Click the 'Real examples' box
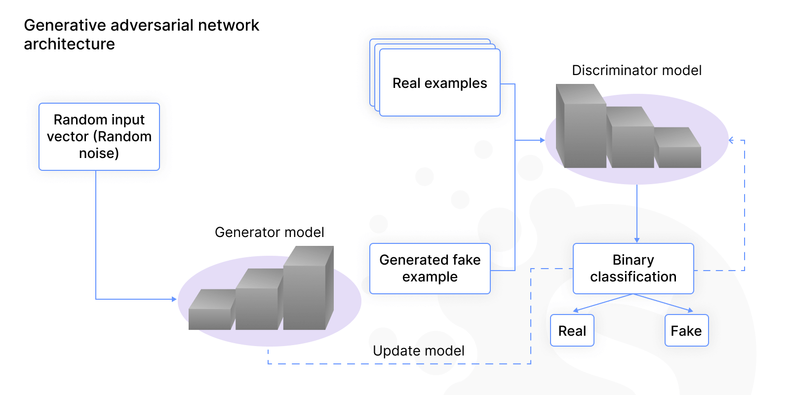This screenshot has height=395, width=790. tap(439, 83)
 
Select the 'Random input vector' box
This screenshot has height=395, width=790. tap(99, 136)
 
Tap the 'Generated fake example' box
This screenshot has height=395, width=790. tap(430, 268)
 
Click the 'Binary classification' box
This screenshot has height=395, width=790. tap(633, 268)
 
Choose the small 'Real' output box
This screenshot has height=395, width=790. tap(572, 330)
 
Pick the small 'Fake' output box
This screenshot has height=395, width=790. tap(686, 330)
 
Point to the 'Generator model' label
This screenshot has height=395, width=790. tap(269, 232)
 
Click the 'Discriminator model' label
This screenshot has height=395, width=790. tap(636, 70)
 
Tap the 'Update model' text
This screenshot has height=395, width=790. tap(418, 351)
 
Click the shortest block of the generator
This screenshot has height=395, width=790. tap(211, 314)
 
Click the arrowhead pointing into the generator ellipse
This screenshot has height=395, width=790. tap(174, 299)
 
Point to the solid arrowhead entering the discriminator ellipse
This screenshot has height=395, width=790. tap(542, 140)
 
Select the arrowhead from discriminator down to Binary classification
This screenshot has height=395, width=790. tap(637, 240)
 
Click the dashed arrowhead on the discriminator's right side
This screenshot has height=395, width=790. tap(731, 140)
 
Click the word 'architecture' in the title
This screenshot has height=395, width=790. tap(69, 44)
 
